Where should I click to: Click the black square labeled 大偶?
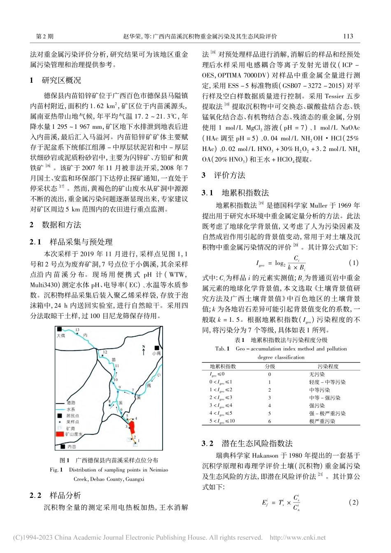point(59,329)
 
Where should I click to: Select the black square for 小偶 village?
point(157,348)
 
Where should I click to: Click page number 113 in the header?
point(348,36)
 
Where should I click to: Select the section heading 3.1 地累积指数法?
point(235,193)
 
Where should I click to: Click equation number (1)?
point(354,263)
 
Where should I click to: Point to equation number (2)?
point(354,502)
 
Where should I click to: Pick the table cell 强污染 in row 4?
point(317,406)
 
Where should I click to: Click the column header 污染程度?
point(328,366)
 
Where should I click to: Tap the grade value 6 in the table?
point(270,421)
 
